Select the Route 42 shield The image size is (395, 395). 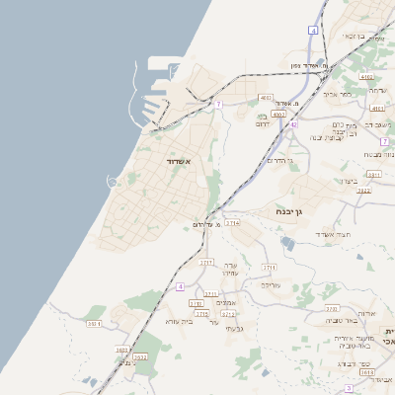point(293,124)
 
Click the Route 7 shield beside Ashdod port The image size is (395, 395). point(217,104)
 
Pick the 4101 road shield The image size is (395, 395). point(377,109)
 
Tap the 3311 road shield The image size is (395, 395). point(374,174)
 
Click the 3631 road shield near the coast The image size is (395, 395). point(95,323)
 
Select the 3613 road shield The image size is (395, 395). point(367,372)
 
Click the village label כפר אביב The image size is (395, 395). point(338,94)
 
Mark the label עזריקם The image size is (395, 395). point(271,283)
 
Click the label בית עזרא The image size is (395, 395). point(179,321)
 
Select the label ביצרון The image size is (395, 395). point(352,181)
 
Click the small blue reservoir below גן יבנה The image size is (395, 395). point(286,241)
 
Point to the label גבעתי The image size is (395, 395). point(234,328)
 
